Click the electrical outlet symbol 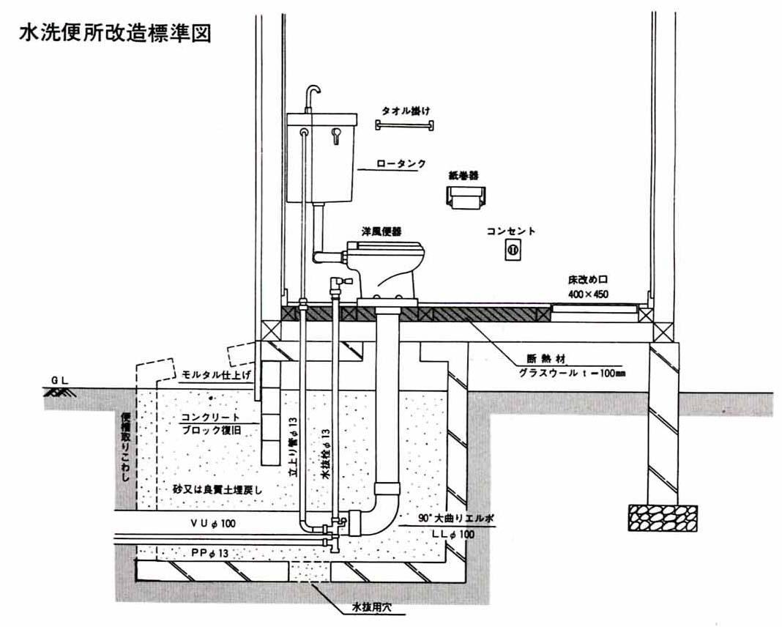coord(511,251)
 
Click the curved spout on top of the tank coord(313,95)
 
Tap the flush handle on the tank coord(336,135)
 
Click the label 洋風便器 coord(381,231)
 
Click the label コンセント coord(511,231)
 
